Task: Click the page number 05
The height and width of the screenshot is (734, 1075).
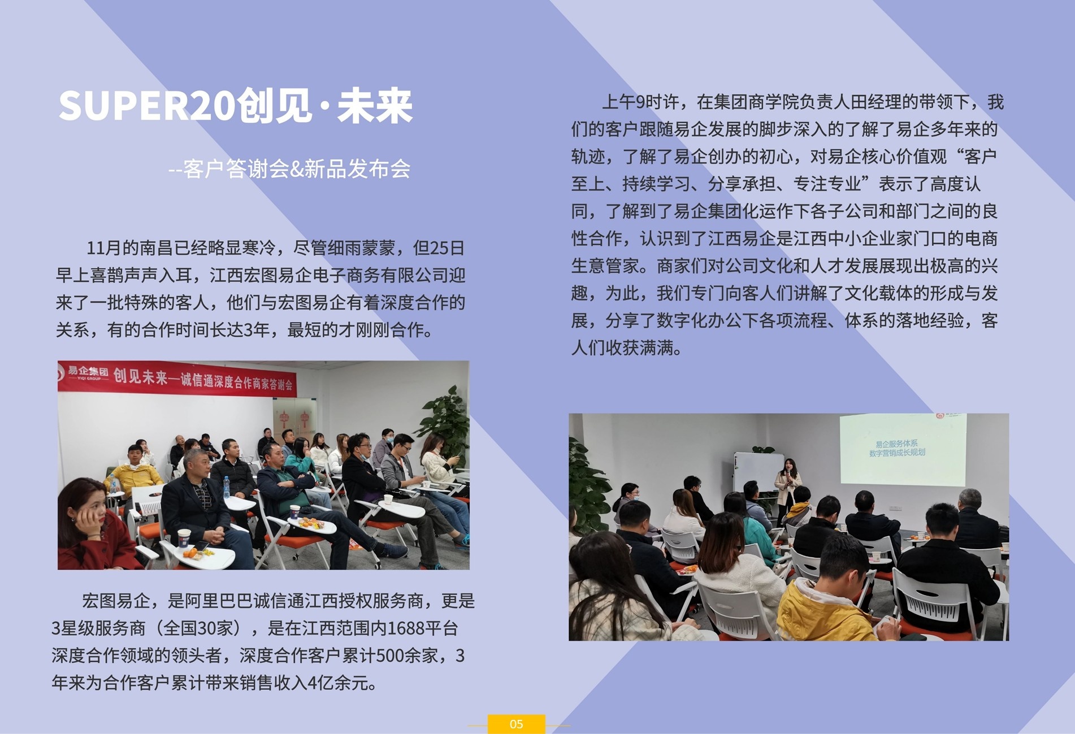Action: coord(516,724)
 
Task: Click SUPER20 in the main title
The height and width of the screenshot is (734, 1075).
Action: coord(146,106)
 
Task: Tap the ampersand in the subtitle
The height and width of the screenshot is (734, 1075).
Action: coord(296,169)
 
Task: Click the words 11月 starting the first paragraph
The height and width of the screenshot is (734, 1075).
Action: coord(104,247)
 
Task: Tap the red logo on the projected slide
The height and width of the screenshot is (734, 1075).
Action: coord(940,416)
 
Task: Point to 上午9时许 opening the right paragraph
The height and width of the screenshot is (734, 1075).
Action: coord(640,102)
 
